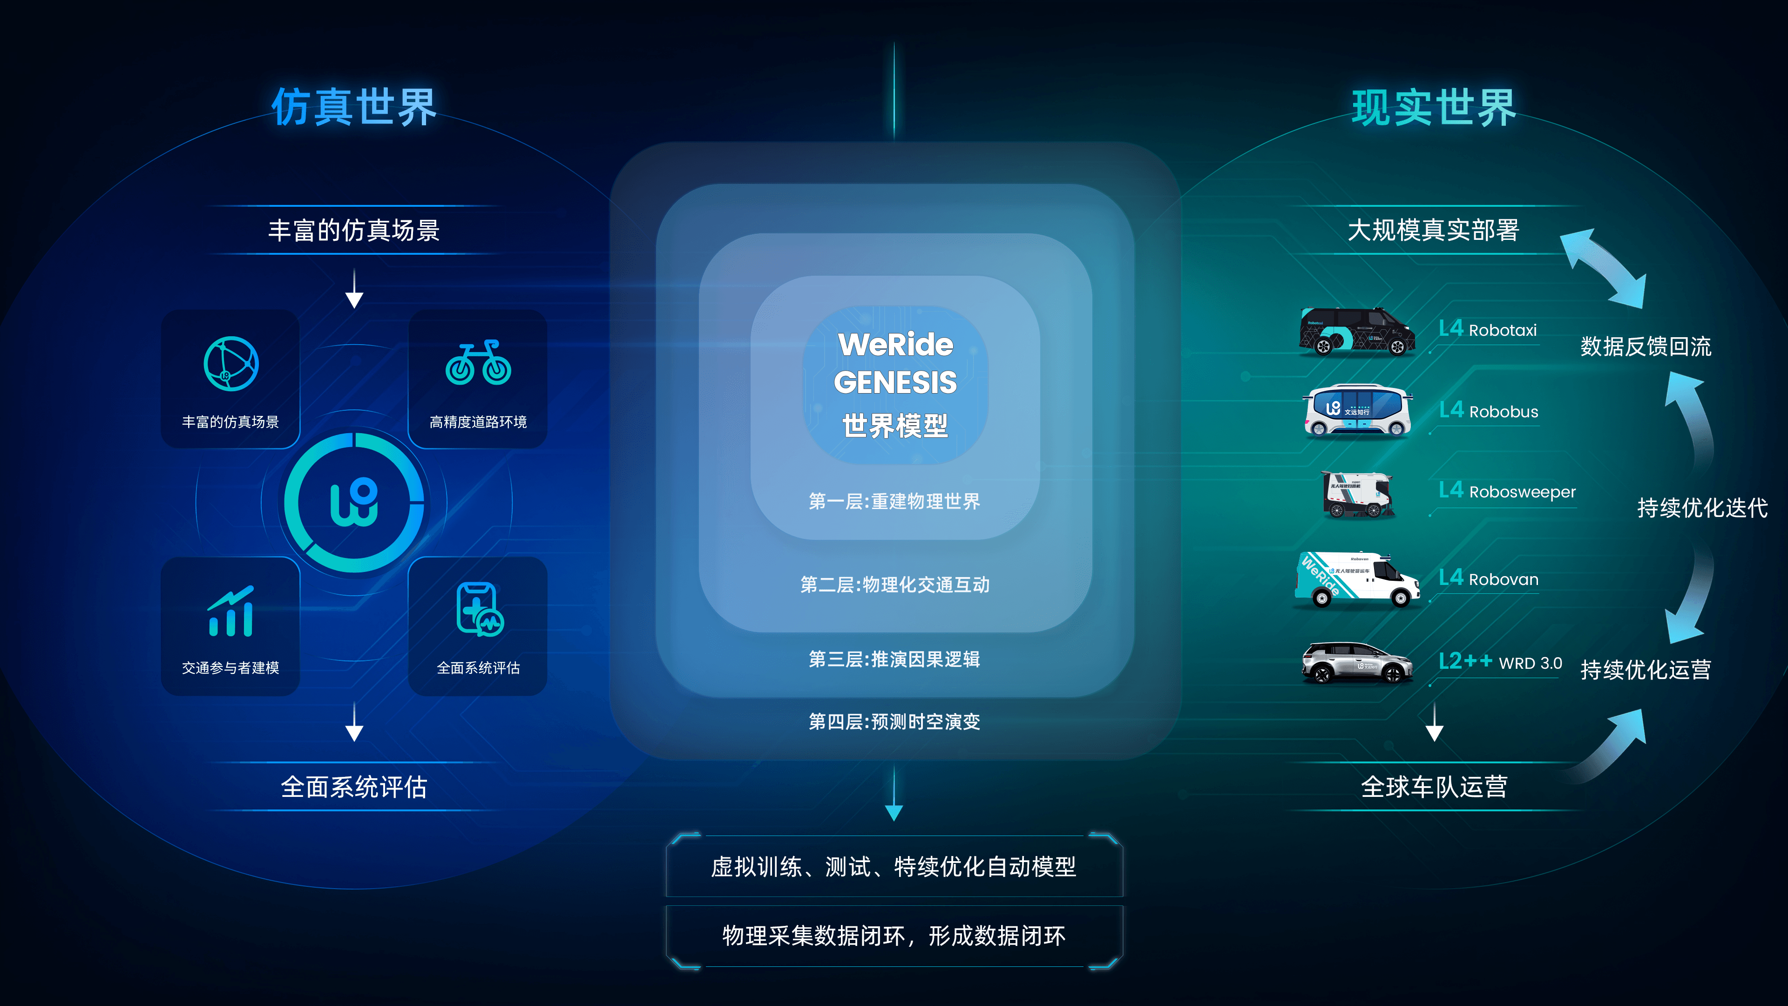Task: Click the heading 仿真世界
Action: (x=354, y=107)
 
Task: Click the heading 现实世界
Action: (x=1434, y=108)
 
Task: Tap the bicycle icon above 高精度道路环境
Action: (x=478, y=362)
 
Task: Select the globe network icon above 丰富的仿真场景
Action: (x=231, y=363)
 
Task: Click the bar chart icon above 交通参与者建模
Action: (x=231, y=611)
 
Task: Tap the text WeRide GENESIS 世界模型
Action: (x=894, y=384)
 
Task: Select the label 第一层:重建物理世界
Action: (x=894, y=501)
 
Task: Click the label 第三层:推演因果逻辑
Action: (x=894, y=659)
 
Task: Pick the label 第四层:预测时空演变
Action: (x=894, y=721)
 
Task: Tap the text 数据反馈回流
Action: (x=1646, y=346)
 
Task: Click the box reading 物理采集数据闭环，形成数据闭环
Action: (x=894, y=936)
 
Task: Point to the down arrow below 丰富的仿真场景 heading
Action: (x=355, y=289)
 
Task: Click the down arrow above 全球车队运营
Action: (x=1434, y=722)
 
